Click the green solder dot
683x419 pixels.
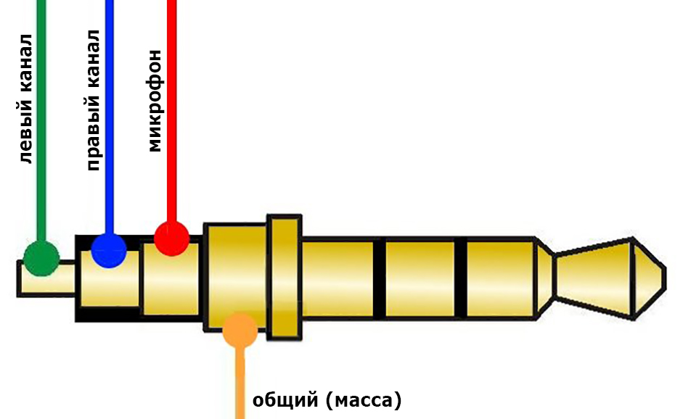click(x=41, y=259)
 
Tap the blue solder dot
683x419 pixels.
click(x=109, y=250)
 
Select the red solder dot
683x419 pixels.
click(x=172, y=238)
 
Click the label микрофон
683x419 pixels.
click(x=154, y=101)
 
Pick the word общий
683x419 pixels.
click(x=286, y=400)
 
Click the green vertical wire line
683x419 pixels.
click(x=41, y=120)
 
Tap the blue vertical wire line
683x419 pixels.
click(x=109, y=116)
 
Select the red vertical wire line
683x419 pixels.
click(x=172, y=110)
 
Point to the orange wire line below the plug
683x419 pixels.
click(x=240, y=383)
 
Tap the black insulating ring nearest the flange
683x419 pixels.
click(x=380, y=279)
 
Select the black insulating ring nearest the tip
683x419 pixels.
click(x=460, y=279)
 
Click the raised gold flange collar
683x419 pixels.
click(x=285, y=277)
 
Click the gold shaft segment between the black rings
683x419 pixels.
click(x=420, y=279)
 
